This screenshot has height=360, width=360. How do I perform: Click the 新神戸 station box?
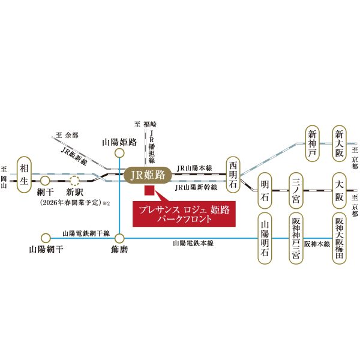(x=312, y=145)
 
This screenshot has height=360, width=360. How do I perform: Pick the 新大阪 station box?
(x=340, y=145)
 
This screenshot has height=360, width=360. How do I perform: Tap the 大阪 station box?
(x=340, y=190)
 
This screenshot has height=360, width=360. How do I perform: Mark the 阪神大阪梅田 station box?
(x=340, y=238)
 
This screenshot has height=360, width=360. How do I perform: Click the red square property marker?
(x=150, y=191)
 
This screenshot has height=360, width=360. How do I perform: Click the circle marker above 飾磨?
(x=119, y=237)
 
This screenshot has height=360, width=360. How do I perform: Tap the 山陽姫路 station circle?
(x=119, y=153)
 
